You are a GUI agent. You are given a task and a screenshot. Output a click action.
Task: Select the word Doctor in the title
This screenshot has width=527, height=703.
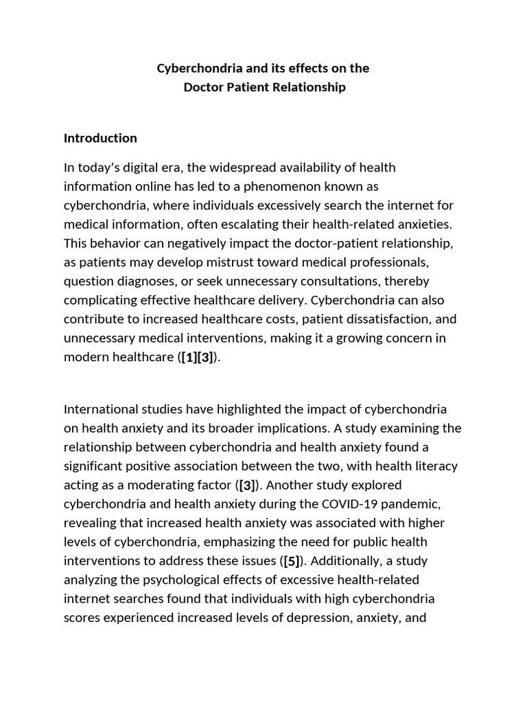pyautogui.click(x=202, y=87)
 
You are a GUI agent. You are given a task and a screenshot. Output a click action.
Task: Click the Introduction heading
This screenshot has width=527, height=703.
pyautogui.click(x=100, y=138)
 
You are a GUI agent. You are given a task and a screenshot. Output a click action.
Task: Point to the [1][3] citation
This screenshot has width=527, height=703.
pyautogui.click(x=198, y=357)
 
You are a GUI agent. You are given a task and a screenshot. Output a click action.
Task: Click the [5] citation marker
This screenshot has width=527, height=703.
pyautogui.click(x=291, y=561)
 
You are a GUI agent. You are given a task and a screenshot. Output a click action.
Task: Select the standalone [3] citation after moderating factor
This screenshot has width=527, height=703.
pyautogui.click(x=247, y=485)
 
